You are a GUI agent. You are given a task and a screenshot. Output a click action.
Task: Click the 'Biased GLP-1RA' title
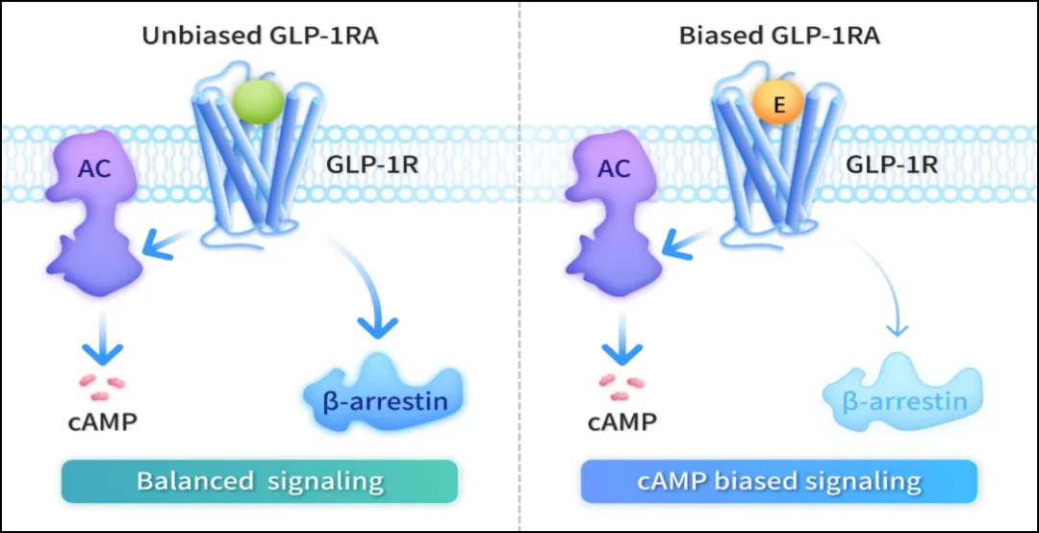779,37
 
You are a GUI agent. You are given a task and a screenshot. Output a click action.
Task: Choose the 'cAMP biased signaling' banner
779,480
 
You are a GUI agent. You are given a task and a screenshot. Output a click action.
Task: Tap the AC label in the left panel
94,169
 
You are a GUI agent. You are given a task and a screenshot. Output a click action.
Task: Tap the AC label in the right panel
616,169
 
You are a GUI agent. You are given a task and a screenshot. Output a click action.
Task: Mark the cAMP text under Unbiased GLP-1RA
103,421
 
